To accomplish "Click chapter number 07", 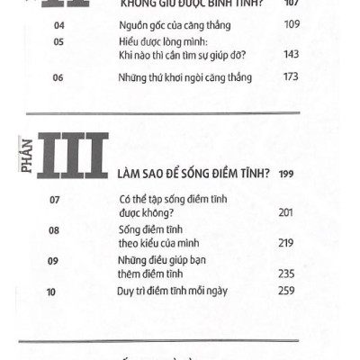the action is [53, 200].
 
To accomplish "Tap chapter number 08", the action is [53, 230].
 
